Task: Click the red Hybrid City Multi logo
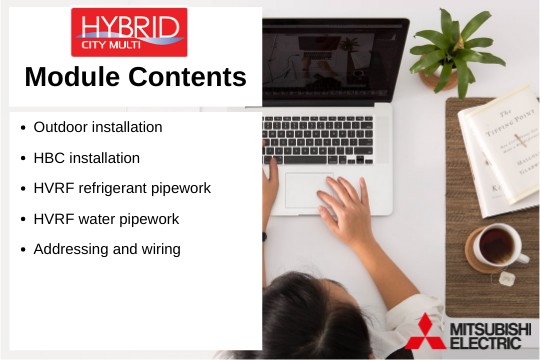click(128, 32)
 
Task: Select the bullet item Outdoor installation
click(98, 127)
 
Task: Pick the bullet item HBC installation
click(86, 158)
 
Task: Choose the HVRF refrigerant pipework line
click(122, 188)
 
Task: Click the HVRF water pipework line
click(106, 218)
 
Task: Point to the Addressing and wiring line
click(107, 249)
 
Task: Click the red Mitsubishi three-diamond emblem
click(425, 331)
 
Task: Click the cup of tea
click(496, 246)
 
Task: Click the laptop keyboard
click(320, 139)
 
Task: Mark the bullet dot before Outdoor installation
click(23, 128)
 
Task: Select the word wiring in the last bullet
click(160, 249)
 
